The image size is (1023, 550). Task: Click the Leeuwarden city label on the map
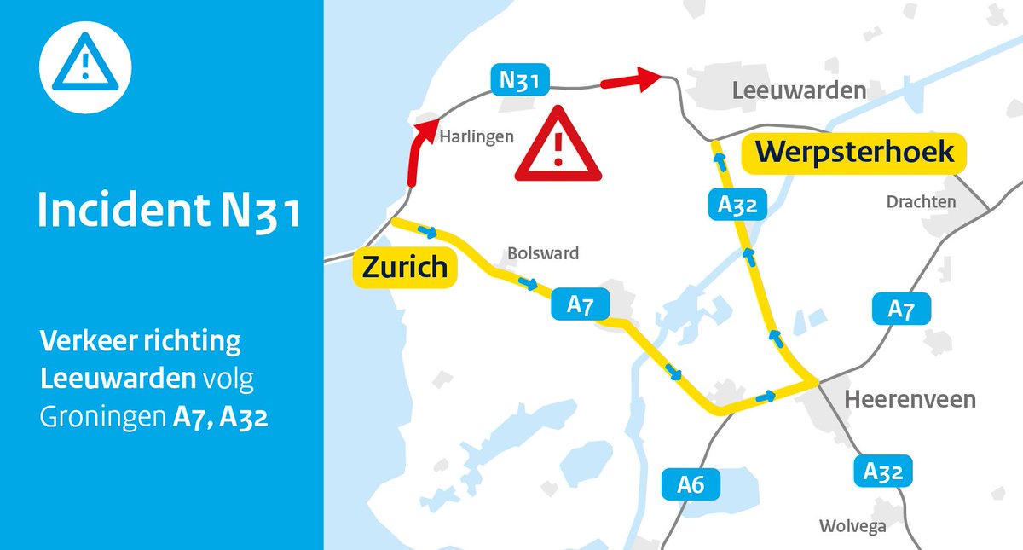click(x=800, y=90)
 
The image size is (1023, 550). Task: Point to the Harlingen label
click(x=477, y=136)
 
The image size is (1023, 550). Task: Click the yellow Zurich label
click(x=405, y=267)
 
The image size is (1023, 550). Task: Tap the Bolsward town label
click(x=543, y=253)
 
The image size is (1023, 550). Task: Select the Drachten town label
click(x=921, y=202)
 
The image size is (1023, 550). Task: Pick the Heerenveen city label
click(x=910, y=399)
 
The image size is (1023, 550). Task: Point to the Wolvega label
click(x=852, y=526)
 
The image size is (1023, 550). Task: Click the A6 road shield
click(x=691, y=485)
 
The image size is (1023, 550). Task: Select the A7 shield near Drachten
click(x=901, y=310)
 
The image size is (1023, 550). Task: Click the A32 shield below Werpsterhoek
click(x=737, y=205)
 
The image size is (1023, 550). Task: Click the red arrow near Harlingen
click(x=416, y=153)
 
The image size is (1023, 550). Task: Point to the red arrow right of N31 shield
click(x=632, y=81)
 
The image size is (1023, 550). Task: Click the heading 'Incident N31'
click(x=168, y=211)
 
